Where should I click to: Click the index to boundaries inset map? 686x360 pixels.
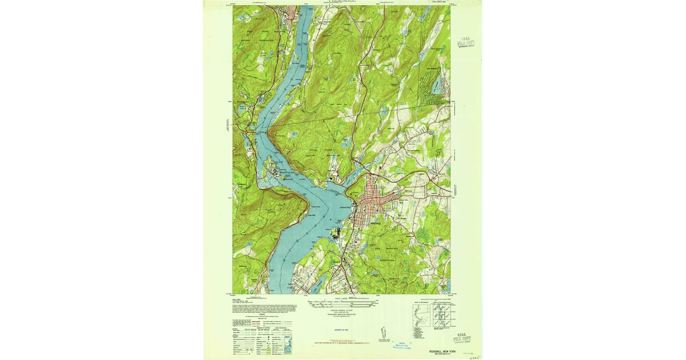(x=420, y=314)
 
